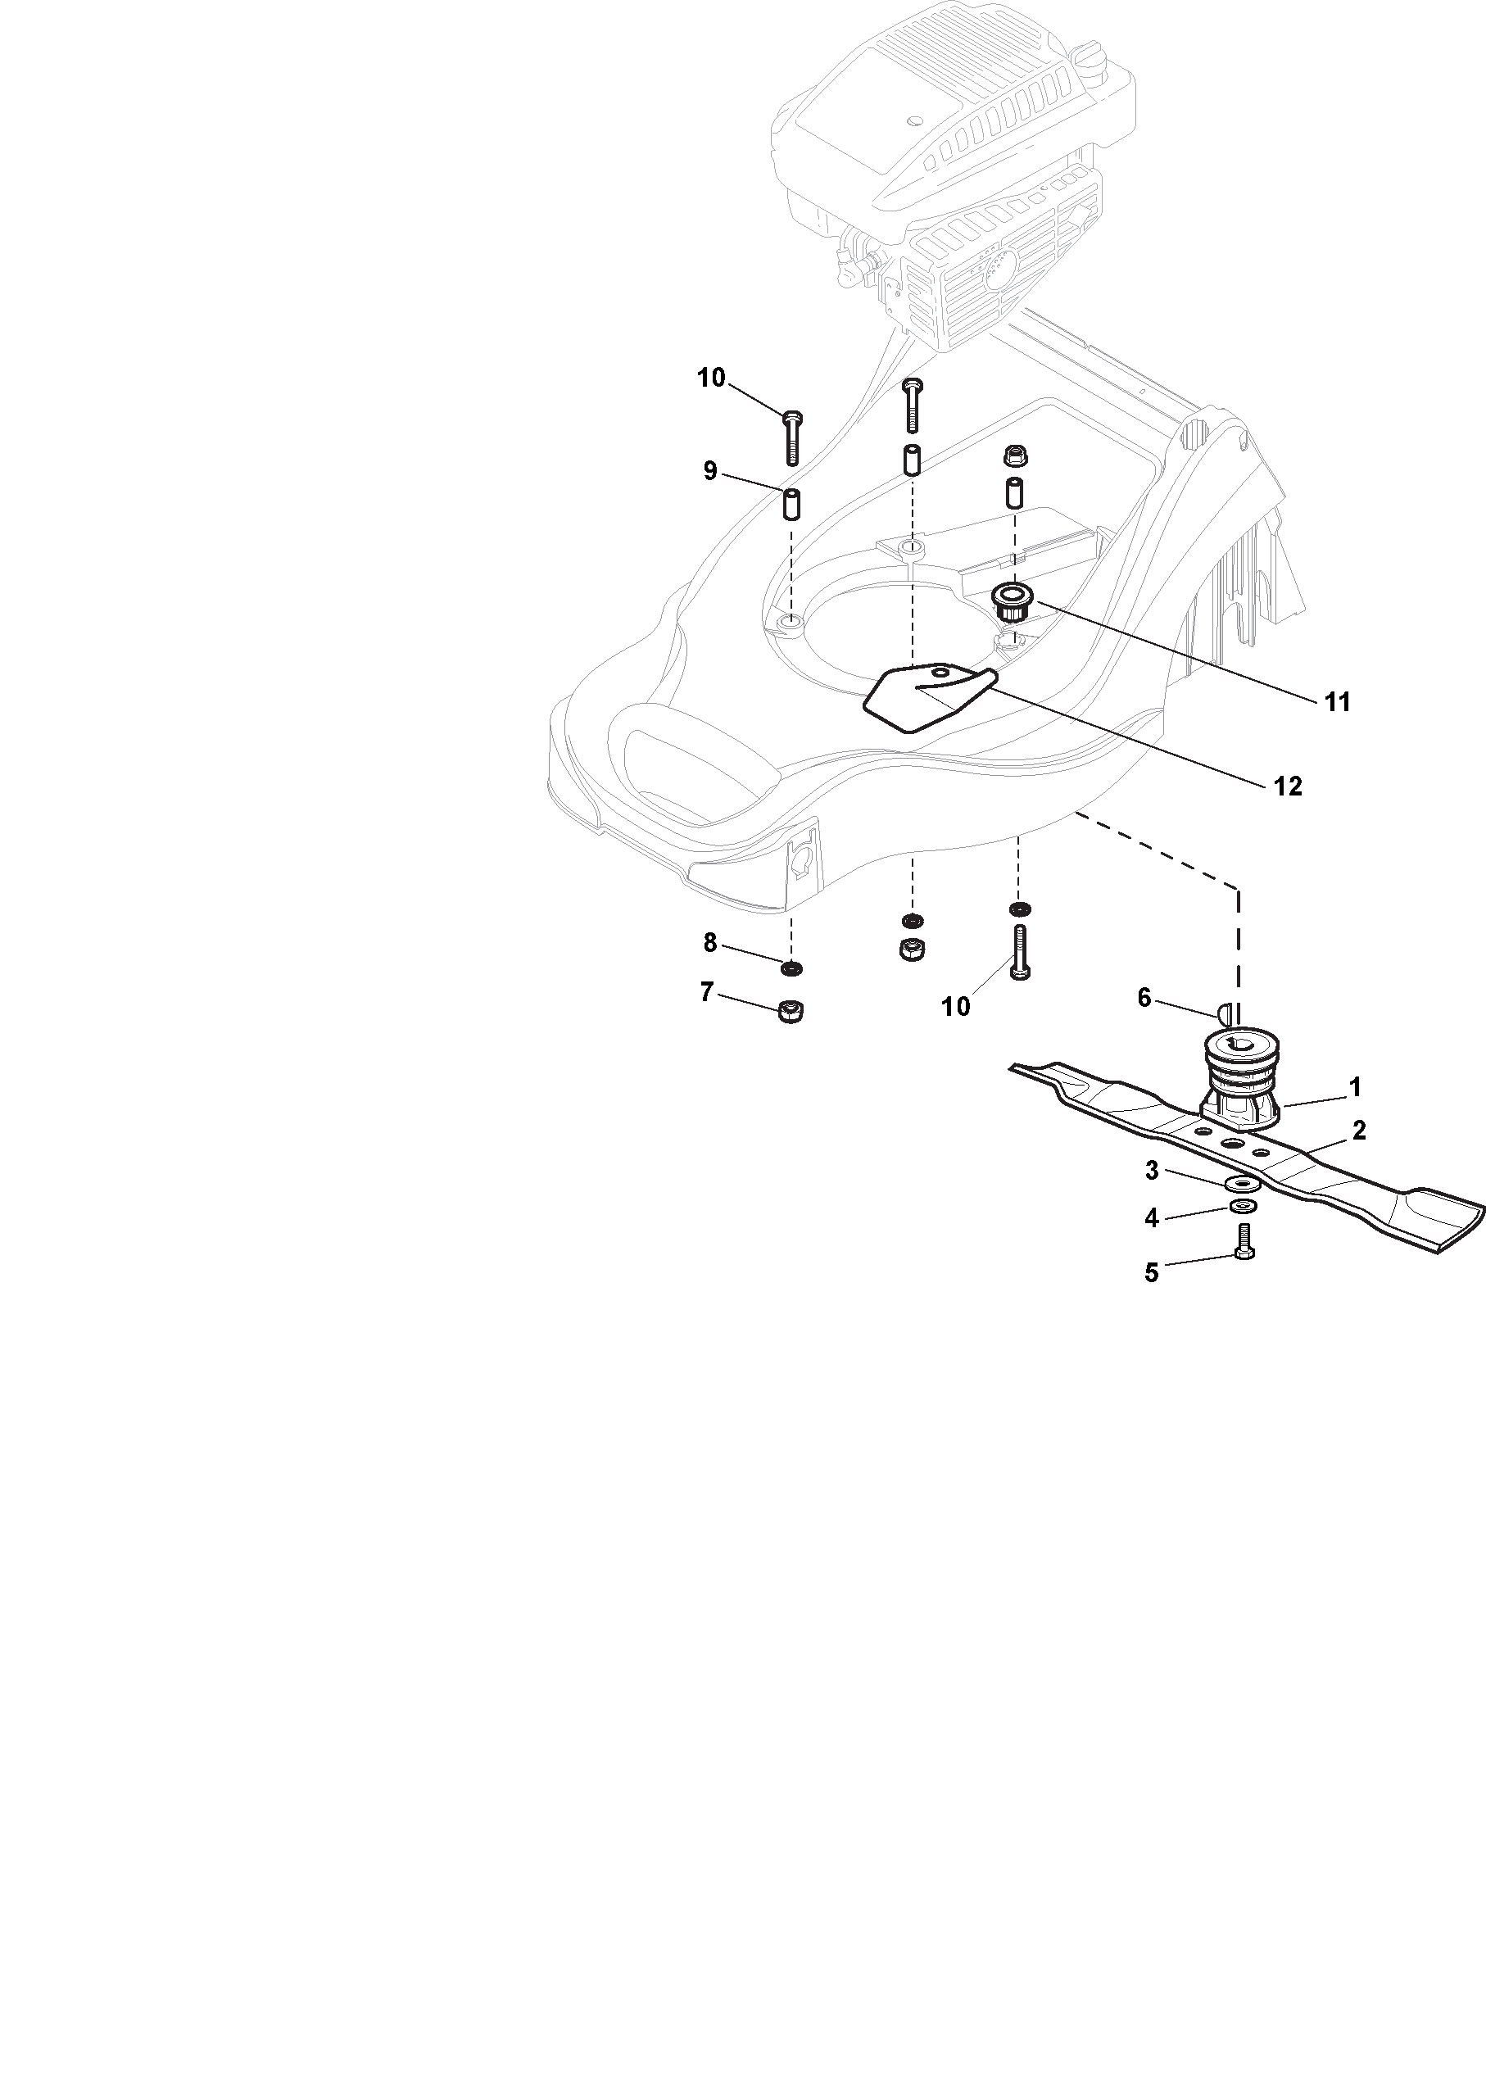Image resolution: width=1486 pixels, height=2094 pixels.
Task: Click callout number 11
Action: coord(1337,702)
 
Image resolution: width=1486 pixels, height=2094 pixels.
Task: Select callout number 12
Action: coord(1288,786)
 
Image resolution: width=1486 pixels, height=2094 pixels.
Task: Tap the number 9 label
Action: coord(710,471)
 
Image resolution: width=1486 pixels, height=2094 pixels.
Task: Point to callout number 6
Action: coord(1144,998)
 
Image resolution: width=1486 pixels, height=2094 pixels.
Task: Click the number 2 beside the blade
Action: coord(1359,1131)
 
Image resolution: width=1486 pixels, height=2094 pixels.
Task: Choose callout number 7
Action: coord(706,992)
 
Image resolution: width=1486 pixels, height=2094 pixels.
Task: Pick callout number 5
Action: coord(1152,1273)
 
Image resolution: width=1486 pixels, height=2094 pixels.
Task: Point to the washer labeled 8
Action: coord(791,968)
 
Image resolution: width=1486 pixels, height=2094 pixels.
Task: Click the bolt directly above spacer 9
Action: coord(792,440)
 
